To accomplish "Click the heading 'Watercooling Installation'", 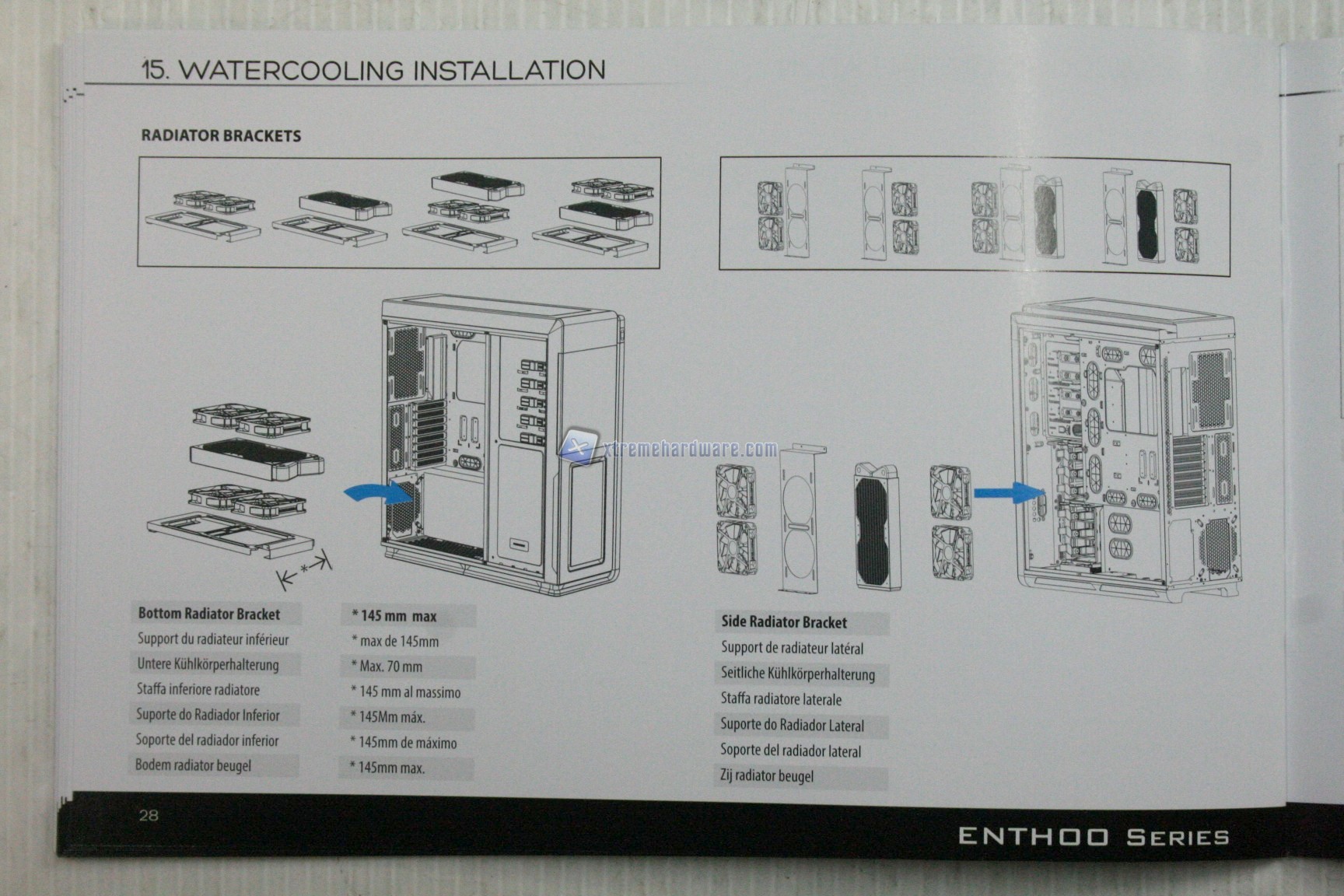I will tap(373, 69).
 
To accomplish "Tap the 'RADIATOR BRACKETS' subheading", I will tap(221, 135).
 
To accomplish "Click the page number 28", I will tap(148, 814).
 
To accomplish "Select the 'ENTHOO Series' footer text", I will tap(1093, 837).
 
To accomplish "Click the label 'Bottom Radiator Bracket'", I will tap(208, 614).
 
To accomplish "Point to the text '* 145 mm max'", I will tap(394, 616).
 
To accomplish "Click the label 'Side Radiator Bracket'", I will tap(783, 621).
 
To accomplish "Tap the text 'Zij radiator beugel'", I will tap(767, 775).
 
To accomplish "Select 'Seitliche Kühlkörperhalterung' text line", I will tap(797, 674).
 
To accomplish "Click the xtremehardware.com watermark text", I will tap(689, 449).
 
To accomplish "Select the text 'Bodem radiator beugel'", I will tap(194, 765).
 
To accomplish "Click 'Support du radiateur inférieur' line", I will tap(213, 639).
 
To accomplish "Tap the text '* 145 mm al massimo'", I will tap(405, 692).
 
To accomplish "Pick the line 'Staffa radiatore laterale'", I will tap(781, 699).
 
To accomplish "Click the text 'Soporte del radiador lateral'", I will tap(790, 751).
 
